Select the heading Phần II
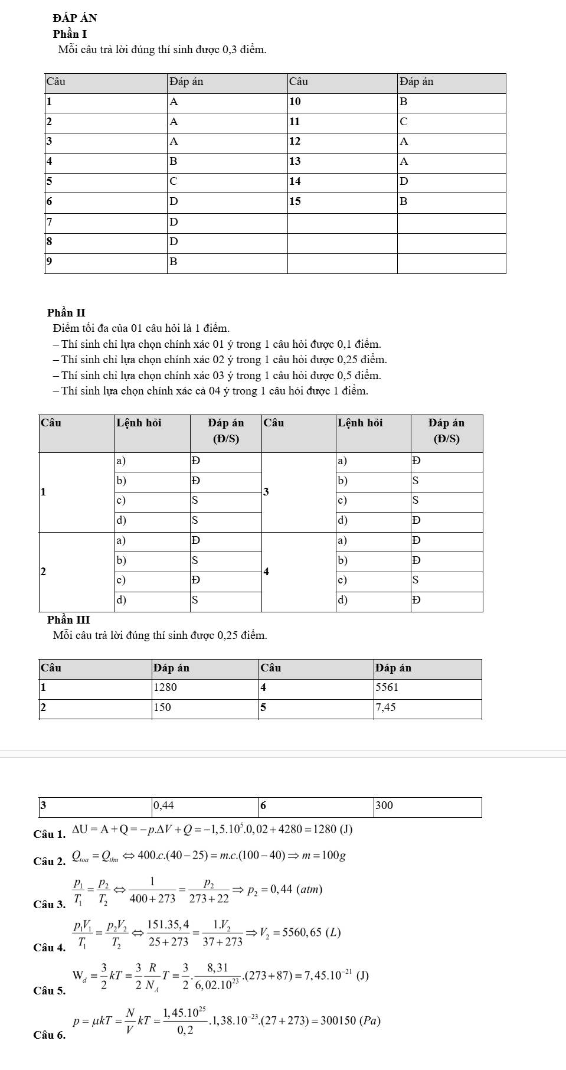point(67,312)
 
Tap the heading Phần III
point(68,619)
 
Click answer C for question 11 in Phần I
point(404,122)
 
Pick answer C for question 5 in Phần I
point(174,181)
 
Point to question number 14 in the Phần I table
point(295,181)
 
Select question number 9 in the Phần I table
point(50,261)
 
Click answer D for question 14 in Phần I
point(404,181)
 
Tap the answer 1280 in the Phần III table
point(165,687)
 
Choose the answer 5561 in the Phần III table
point(387,687)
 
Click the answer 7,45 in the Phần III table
point(385,707)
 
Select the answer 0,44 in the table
point(163,805)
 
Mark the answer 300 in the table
point(384,805)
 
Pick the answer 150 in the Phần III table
point(162,707)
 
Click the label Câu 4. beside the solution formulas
point(50,948)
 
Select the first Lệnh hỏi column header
point(139,423)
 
